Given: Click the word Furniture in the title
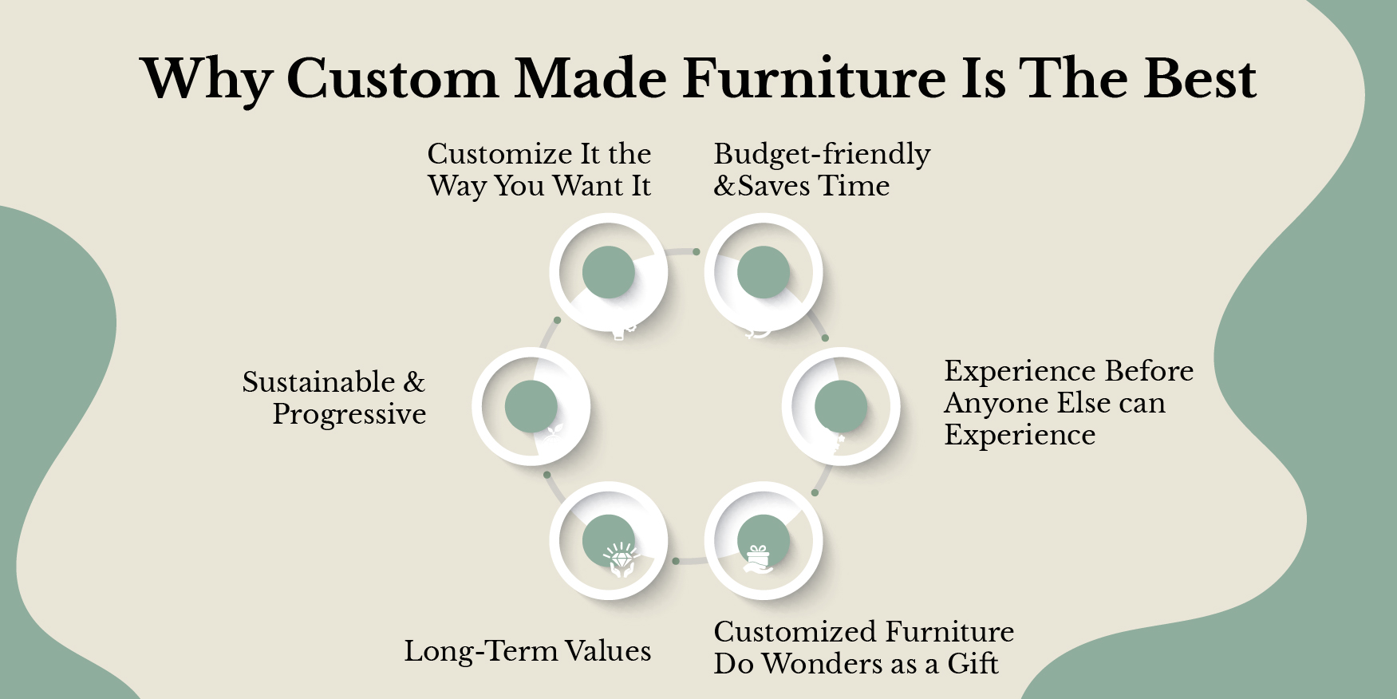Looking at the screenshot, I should click(814, 78).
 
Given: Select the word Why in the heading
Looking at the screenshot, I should click(206, 80).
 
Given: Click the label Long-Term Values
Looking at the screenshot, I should click(527, 651).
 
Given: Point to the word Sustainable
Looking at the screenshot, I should click(319, 382).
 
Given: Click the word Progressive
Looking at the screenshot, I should click(349, 414).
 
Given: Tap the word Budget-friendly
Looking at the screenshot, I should click(822, 154).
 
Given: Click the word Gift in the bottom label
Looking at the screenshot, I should click(973, 664).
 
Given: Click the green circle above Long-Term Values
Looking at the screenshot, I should click(608, 540).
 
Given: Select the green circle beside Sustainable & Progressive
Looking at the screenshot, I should click(531, 406).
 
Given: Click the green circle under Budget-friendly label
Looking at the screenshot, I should click(763, 272).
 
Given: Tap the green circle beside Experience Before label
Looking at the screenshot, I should click(840, 406).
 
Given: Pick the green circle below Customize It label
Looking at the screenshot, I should click(608, 272).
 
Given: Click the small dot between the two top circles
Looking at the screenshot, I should click(697, 251).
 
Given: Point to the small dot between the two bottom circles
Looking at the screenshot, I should click(676, 561).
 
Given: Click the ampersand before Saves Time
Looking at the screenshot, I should click(724, 186).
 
